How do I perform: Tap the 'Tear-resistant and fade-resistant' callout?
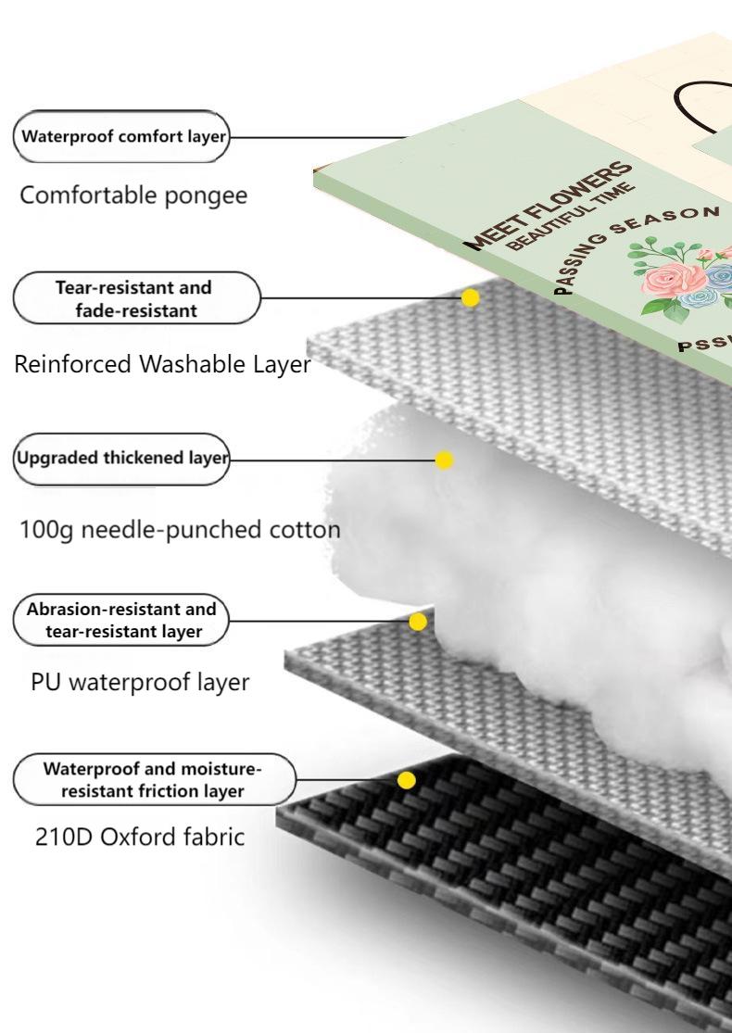136,298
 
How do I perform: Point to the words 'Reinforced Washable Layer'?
162,365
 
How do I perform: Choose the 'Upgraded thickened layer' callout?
121,459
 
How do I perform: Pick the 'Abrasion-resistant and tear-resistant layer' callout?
121,621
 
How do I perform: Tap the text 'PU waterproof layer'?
140,683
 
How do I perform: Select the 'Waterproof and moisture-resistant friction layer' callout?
153,780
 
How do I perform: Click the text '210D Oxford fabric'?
133,837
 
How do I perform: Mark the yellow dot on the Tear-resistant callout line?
471,297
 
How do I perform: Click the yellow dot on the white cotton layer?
444,460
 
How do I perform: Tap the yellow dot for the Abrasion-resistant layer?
418,622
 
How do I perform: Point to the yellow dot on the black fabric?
407,781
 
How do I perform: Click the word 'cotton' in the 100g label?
301,530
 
